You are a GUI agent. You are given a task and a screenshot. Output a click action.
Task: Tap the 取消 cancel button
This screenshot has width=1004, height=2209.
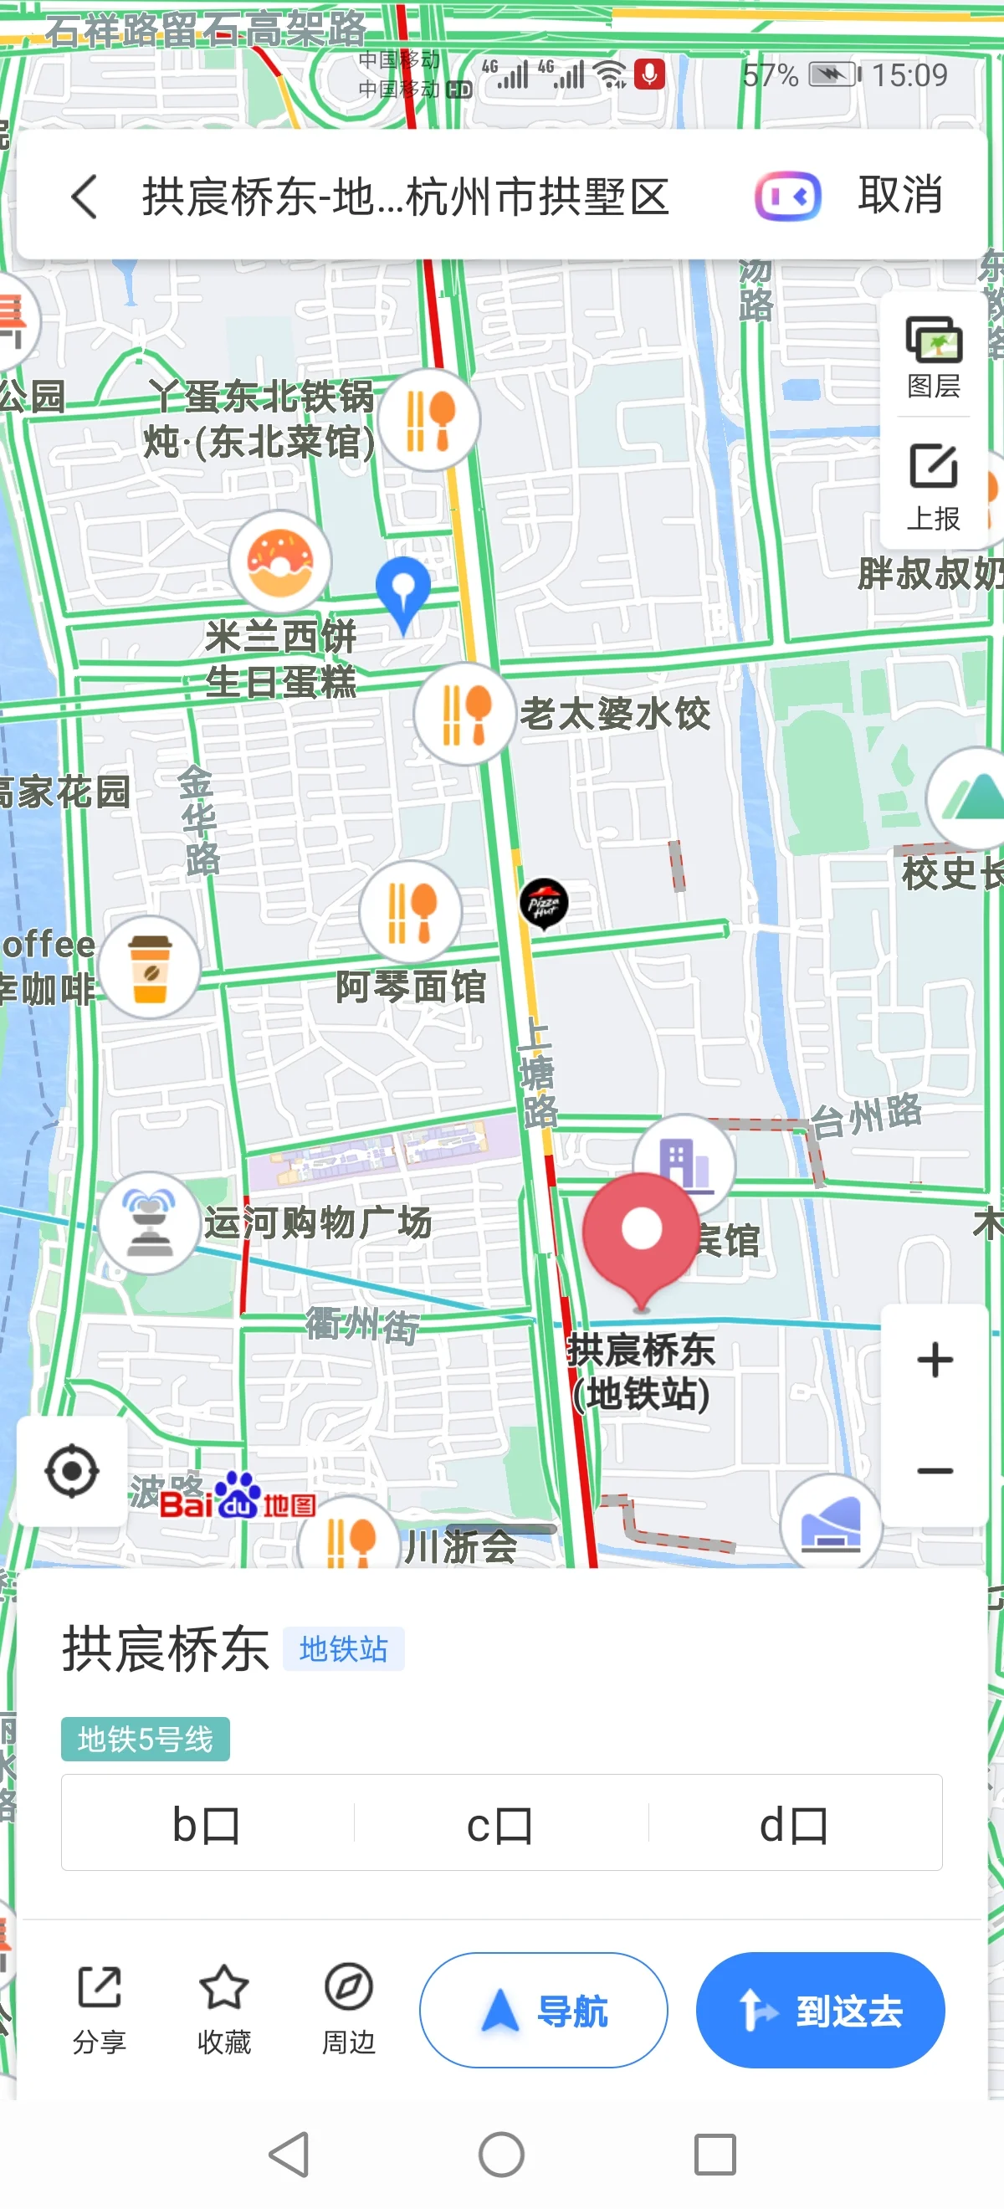coord(899,196)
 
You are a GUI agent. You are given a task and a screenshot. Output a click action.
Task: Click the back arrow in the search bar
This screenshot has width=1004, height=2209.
coord(84,197)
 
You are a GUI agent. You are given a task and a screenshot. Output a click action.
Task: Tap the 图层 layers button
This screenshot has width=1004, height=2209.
coord(934,356)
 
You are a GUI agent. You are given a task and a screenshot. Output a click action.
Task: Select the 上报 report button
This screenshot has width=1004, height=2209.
coord(934,486)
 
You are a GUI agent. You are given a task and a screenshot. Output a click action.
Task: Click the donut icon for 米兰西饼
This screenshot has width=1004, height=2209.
coord(279,561)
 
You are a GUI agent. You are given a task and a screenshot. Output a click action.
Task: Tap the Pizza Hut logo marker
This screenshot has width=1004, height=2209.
coord(544,903)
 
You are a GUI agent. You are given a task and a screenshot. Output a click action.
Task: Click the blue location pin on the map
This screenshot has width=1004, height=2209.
coord(403,591)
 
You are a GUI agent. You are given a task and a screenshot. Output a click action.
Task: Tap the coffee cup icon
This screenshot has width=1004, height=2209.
coord(150,967)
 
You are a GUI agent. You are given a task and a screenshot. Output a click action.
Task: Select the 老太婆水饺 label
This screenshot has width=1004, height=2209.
coord(616,714)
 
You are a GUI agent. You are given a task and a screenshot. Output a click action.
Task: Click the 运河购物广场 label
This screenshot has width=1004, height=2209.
coord(317,1222)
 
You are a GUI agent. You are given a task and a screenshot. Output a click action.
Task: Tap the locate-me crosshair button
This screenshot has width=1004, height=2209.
coord(72,1471)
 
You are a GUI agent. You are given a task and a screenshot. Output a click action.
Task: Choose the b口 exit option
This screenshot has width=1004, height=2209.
coord(207,1825)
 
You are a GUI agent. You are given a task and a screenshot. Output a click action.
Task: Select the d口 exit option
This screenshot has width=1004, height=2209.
coord(794,1825)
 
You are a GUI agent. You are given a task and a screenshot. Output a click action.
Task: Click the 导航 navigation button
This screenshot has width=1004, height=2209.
coord(544,2011)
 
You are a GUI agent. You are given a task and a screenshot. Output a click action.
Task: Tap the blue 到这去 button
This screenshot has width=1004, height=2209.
coord(820,2011)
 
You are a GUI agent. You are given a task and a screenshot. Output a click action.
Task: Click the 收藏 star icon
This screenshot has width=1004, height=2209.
coord(223,1988)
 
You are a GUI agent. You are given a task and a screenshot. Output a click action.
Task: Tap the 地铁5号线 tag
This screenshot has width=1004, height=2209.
coord(145,1739)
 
